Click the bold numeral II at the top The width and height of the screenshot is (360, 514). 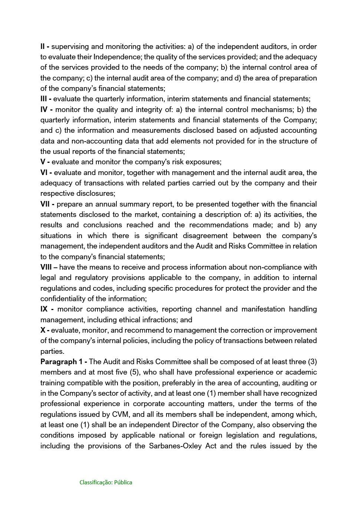(x=43, y=46)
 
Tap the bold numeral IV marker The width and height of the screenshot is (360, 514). (x=44, y=109)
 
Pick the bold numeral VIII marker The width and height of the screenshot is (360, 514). (x=46, y=267)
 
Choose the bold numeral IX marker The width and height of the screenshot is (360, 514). (x=44, y=309)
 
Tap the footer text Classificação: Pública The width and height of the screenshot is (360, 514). (x=106, y=482)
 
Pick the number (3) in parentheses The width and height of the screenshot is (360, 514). (x=312, y=362)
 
